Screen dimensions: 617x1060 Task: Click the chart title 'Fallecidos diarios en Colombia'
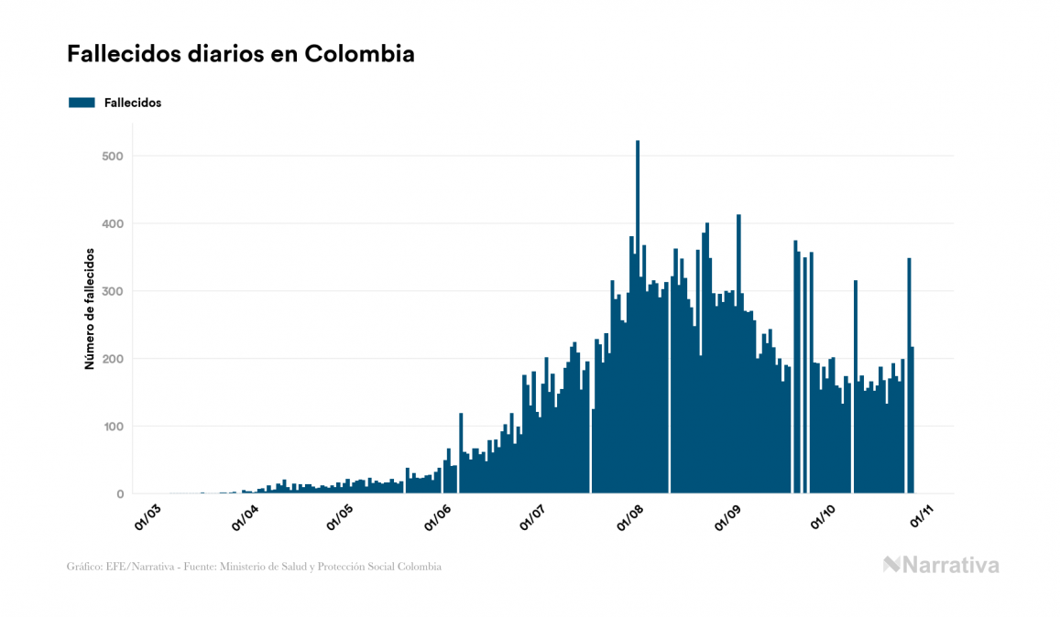[x=240, y=55]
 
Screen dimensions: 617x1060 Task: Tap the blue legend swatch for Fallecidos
[x=82, y=103]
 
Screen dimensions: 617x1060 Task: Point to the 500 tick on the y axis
[x=114, y=157]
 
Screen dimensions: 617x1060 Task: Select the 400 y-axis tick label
[x=114, y=224]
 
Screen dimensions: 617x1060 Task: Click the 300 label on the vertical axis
[x=114, y=291]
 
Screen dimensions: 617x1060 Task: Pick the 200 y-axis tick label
[x=114, y=359]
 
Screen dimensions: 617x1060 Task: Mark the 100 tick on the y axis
[x=114, y=427]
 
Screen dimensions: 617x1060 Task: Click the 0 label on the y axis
[x=119, y=494]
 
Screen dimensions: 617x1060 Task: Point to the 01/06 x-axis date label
[x=437, y=515]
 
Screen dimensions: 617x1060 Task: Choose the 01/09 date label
[x=727, y=515]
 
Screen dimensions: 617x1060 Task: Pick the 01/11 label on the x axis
[x=921, y=515]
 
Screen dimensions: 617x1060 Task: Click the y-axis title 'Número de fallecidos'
[x=90, y=308]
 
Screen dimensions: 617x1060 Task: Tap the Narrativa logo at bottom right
[x=941, y=565]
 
